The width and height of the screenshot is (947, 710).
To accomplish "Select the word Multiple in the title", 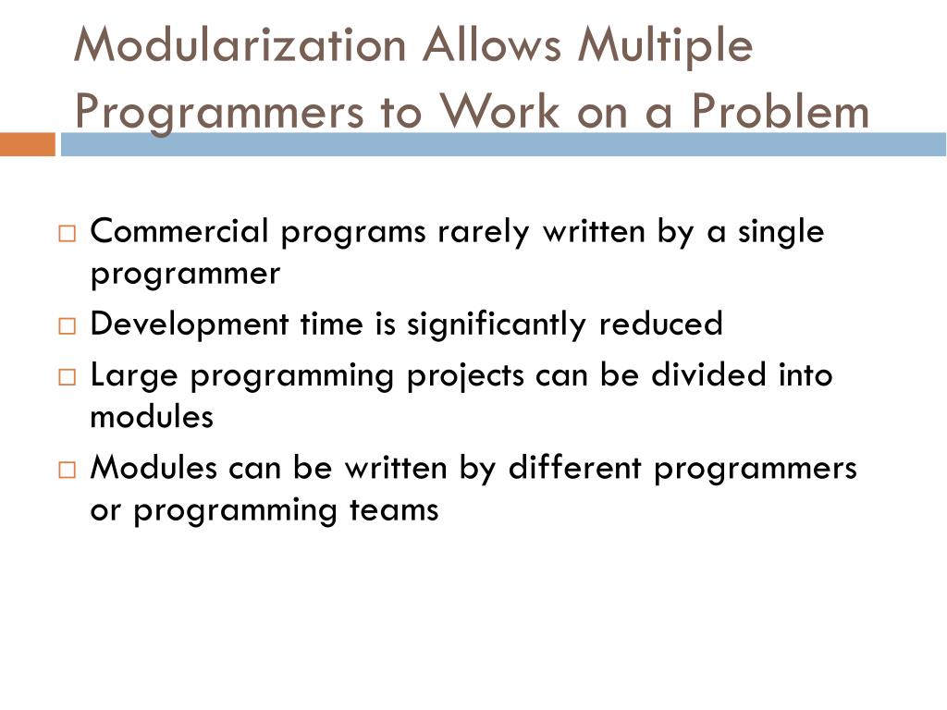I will click(x=664, y=47).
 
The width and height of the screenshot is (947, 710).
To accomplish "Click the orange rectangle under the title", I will click(x=27, y=144).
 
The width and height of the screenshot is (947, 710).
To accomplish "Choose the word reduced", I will click(x=660, y=324).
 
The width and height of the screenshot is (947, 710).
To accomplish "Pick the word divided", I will click(x=684, y=375).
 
